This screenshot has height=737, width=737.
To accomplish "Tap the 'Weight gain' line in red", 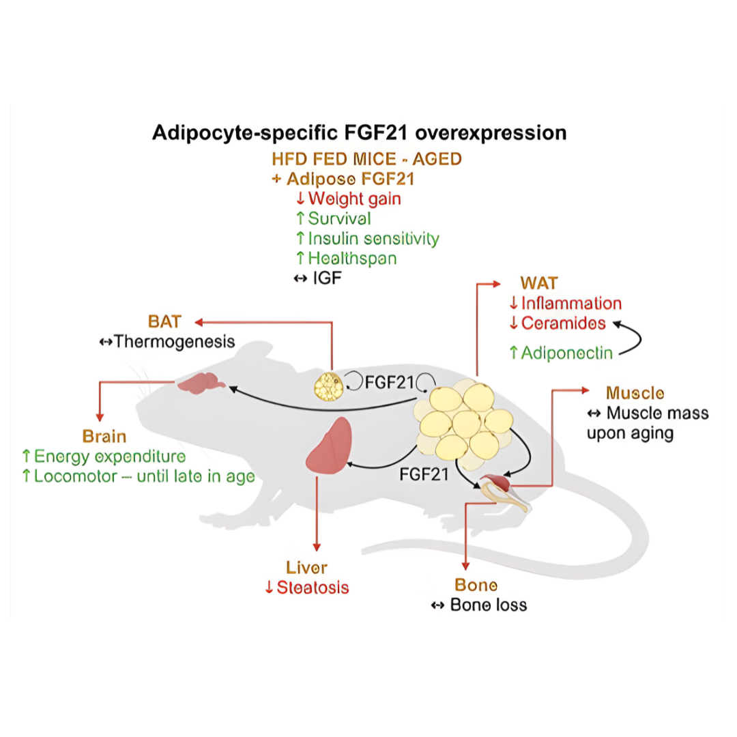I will point(354,199).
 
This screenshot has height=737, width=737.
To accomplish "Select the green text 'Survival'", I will point(339,218).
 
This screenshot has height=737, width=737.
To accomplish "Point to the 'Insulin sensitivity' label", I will point(373,239).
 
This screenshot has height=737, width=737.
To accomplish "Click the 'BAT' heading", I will point(164,321).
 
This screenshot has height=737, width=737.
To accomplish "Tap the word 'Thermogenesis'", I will point(175,341).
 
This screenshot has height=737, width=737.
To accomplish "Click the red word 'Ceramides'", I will point(564,323).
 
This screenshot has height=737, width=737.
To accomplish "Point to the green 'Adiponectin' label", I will point(566,353).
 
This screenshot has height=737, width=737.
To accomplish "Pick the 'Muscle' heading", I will point(635,393).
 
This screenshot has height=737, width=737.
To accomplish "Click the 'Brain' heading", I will point(104,436).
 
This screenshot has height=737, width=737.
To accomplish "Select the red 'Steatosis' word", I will point(313,587).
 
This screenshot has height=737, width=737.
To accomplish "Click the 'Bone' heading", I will point(476,585).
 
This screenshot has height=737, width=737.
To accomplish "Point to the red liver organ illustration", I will point(330,446).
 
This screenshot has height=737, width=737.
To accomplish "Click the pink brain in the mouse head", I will point(202,384).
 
